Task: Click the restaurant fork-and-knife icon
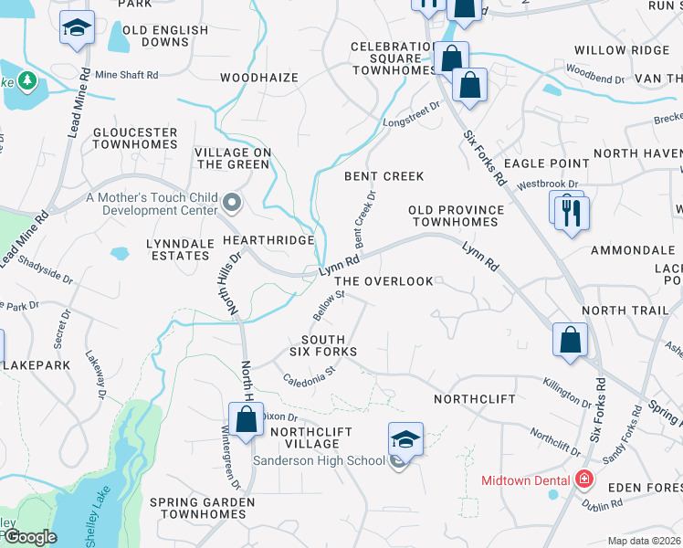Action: coord(573,213)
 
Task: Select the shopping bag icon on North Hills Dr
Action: coord(247,420)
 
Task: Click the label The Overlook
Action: coord(384,281)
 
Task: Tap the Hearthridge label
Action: coord(269,239)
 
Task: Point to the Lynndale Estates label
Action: coord(179,249)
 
